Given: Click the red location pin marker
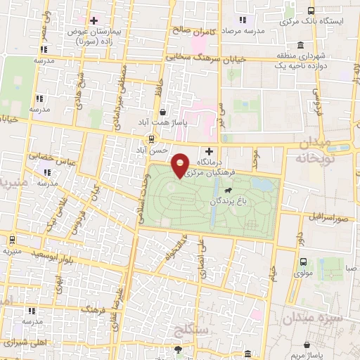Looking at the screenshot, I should [x=181, y=165].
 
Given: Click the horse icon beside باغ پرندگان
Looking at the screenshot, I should [x=229, y=191].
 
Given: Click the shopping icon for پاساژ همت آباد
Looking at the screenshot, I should [x=163, y=111].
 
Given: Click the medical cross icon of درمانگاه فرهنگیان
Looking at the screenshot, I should [x=208, y=150].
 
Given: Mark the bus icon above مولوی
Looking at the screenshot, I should [x=304, y=261].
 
